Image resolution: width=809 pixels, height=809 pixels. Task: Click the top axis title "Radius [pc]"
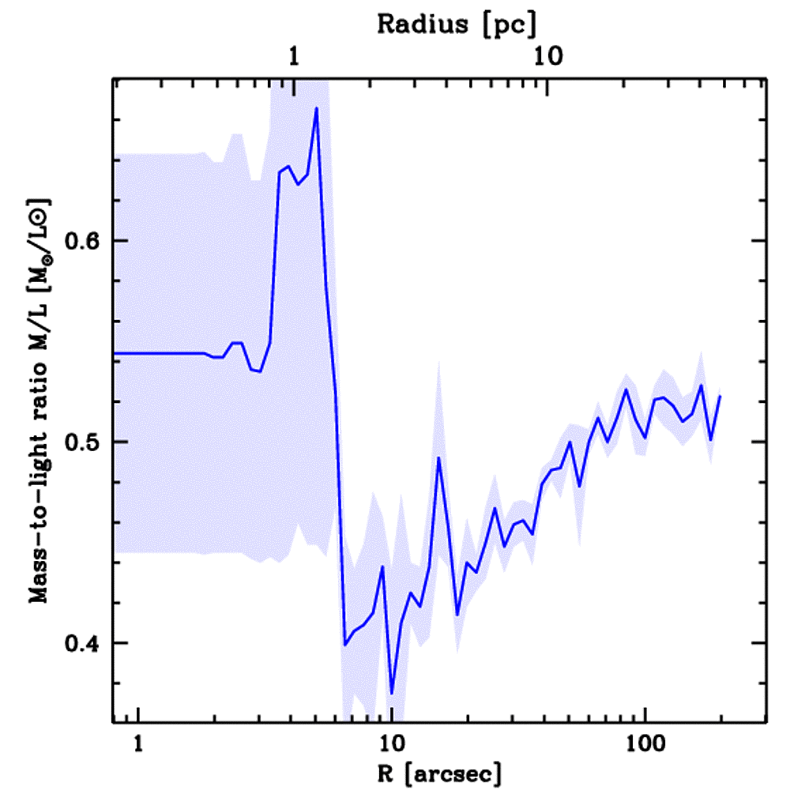tap(456, 24)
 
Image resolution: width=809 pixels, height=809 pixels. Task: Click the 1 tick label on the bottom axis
tap(138, 744)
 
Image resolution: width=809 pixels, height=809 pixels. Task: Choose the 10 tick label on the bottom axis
tap(391, 744)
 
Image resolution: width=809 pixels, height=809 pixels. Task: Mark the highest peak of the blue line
tap(316, 108)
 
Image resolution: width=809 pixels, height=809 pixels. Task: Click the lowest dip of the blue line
tap(392, 694)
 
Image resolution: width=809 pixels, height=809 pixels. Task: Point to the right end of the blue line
tap(720, 396)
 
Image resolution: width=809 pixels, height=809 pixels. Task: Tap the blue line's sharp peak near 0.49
tap(438, 457)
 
